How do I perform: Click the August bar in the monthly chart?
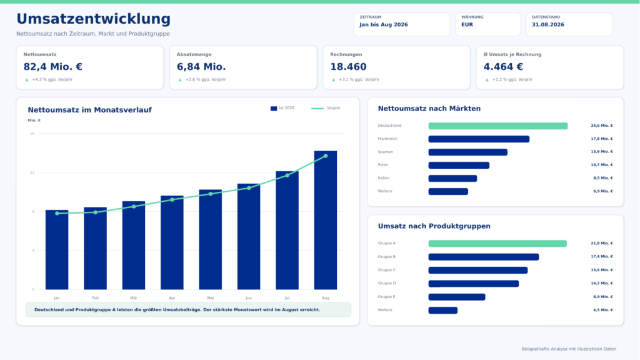click(x=325, y=220)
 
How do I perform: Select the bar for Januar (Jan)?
click(x=57, y=250)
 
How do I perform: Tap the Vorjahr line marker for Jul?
click(x=287, y=176)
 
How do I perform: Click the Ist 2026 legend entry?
click(x=282, y=108)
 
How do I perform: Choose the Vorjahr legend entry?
click(x=326, y=108)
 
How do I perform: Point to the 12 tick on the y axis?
click(x=32, y=172)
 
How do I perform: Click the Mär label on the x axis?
click(x=134, y=298)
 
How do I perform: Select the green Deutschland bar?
click(x=498, y=126)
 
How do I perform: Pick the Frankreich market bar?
click(x=479, y=139)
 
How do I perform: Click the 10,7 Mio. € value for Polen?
click(x=602, y=165)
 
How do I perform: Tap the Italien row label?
click(x=384, y=178)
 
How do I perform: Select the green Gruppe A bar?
click(x=497, y=244)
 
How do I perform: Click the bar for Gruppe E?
click(x=457, y=297)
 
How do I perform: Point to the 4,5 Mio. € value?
click(x=603, y=310)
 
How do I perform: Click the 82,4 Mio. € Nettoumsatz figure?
click(x=52, y=66)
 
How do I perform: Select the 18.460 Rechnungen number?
click(x=348, y=66)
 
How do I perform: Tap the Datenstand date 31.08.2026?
click(x=547, y=24)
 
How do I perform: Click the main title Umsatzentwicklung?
click(x=94, y=19)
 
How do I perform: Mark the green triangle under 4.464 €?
click(x=486, y=79)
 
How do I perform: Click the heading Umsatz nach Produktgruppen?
click(x=434, y=226)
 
